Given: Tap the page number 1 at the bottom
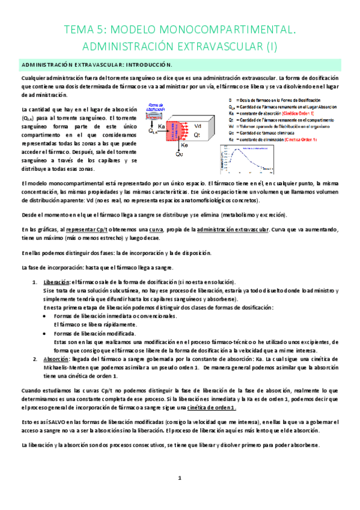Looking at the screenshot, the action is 179,478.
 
